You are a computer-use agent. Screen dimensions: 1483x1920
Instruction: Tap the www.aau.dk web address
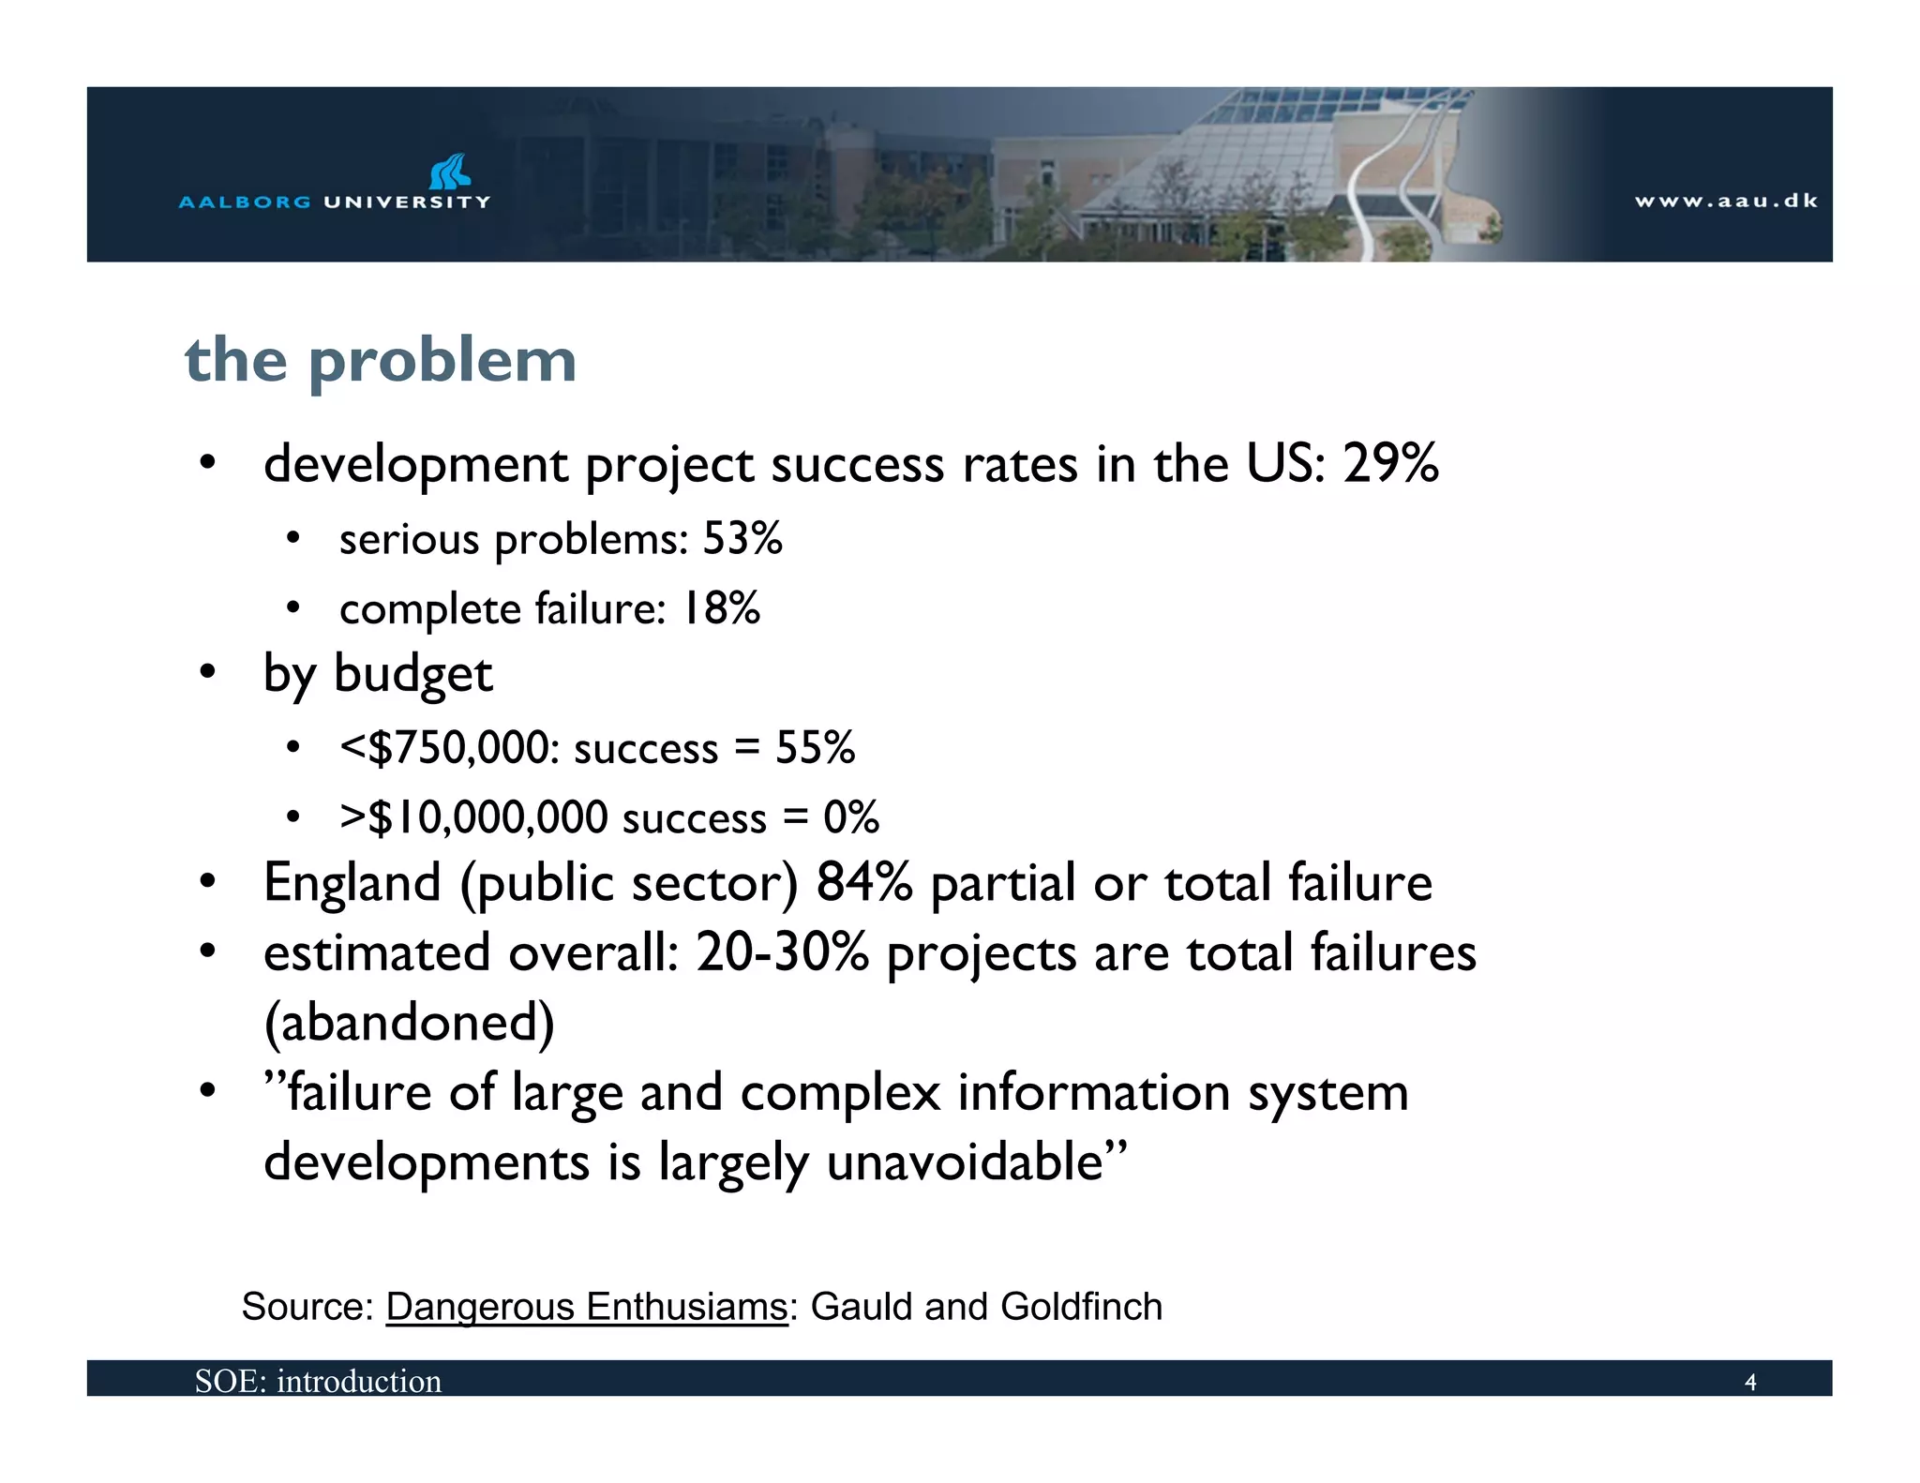pos(1726,201)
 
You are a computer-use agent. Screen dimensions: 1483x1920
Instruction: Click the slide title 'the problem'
pos(380,361)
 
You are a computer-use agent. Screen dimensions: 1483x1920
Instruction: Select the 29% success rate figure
pos(1389,463)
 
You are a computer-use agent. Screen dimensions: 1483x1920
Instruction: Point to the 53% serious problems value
pos(742,539)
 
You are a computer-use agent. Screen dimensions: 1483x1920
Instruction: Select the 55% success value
pos(815,748)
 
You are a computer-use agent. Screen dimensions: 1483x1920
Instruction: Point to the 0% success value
pos(851,817)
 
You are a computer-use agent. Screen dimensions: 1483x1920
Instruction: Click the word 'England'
pos(352,883)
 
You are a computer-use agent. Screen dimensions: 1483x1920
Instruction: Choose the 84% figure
pos(863,883)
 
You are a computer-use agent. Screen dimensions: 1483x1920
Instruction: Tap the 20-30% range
pos(782,953)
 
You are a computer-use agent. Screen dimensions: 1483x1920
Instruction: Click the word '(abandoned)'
pos(410,1023)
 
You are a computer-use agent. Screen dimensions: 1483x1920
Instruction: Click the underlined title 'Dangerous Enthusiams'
pos(587,1307)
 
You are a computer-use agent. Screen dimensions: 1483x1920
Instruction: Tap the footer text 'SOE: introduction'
pos(318,1381)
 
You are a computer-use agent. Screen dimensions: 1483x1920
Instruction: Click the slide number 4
pos(1749,1383)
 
